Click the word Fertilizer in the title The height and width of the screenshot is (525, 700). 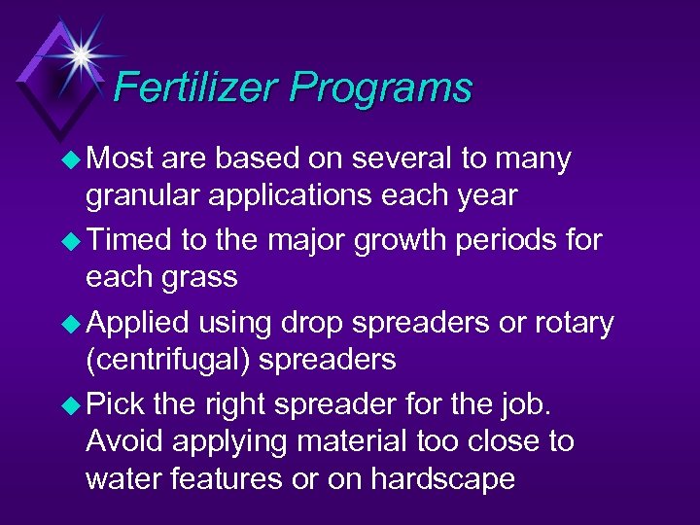pos(193,88)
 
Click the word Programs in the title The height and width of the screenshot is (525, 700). pos(380,88)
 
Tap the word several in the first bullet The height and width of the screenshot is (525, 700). pos(383,157)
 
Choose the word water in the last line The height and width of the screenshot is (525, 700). pos(122,479)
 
